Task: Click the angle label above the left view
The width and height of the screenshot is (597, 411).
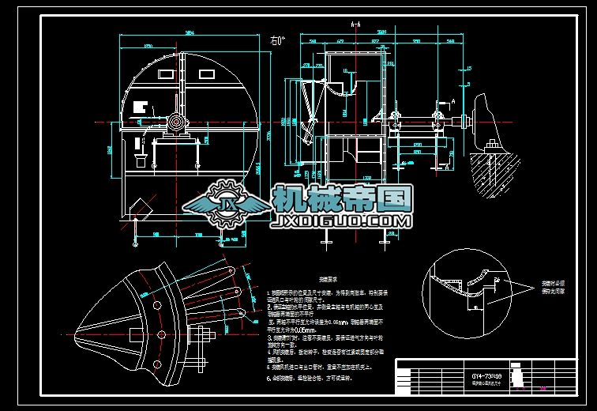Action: pos(278,39)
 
